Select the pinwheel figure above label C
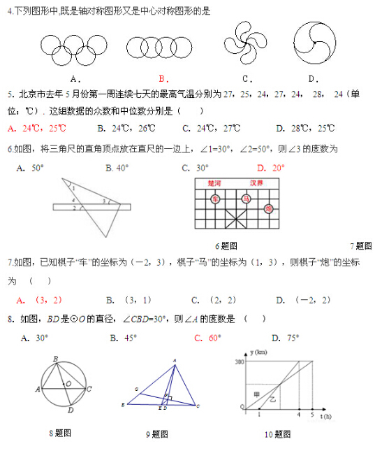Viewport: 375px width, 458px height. tap(244, 43)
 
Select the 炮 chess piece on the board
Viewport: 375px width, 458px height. tap(268, 208)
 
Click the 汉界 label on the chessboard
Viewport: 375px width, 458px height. tap(257, 183)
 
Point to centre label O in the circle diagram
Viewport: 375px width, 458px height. tap(68, 384)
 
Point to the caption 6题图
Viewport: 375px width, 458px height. tap(226, 245)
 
